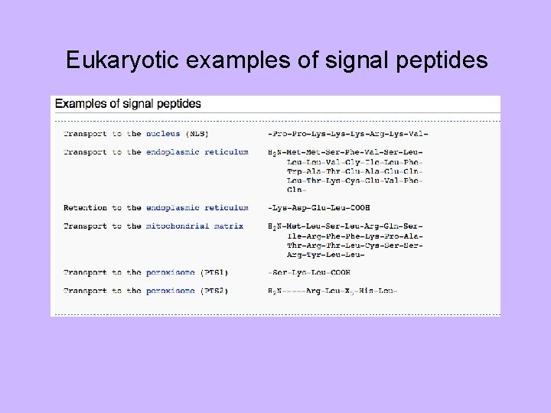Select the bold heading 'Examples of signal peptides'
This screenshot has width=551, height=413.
click(128, 102)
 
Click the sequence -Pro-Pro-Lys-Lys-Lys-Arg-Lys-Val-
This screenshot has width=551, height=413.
click(347, 134)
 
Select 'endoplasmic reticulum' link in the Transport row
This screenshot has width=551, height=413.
click(197, 152)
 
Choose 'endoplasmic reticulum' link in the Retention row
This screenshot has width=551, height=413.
click(197, 207)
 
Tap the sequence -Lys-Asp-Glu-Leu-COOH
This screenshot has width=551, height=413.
click(319, 207)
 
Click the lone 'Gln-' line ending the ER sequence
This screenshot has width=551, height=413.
click(295, 190)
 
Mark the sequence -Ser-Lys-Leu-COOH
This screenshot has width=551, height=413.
click(308, 272)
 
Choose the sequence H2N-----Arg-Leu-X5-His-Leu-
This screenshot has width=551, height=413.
click(333, 291)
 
